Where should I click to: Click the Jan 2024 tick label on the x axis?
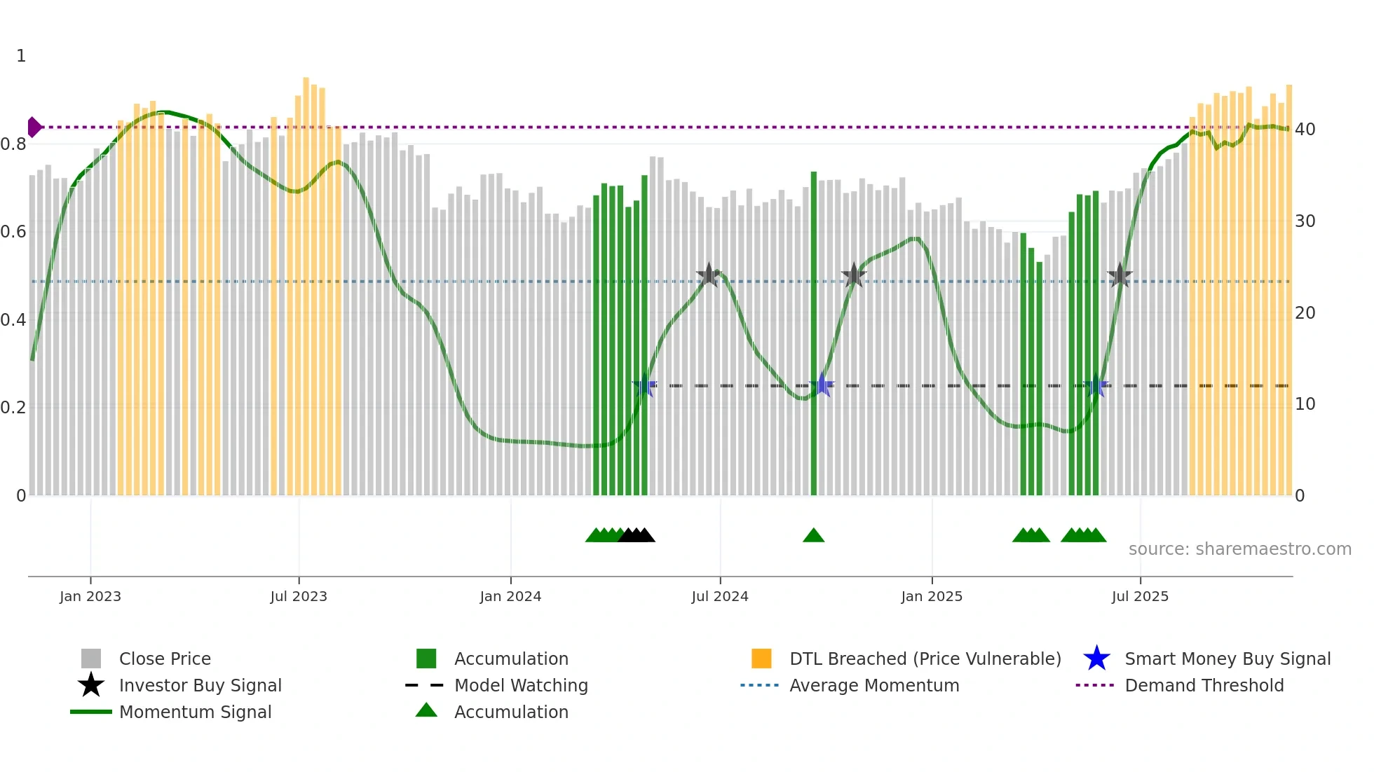tap(510, 596)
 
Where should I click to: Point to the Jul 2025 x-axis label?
tap(1140, 596)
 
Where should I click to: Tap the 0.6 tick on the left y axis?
tap(13, 232)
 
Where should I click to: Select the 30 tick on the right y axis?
tap(1305, 221)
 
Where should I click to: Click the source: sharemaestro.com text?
tap(1239, 549)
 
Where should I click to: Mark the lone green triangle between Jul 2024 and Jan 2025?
tap(813, 536)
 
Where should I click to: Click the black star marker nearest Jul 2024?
tap(709, 275)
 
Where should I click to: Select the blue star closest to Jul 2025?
tap(1096, 386)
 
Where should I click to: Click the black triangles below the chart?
tap(637, 536)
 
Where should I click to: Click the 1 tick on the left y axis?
tap(21, 56)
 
